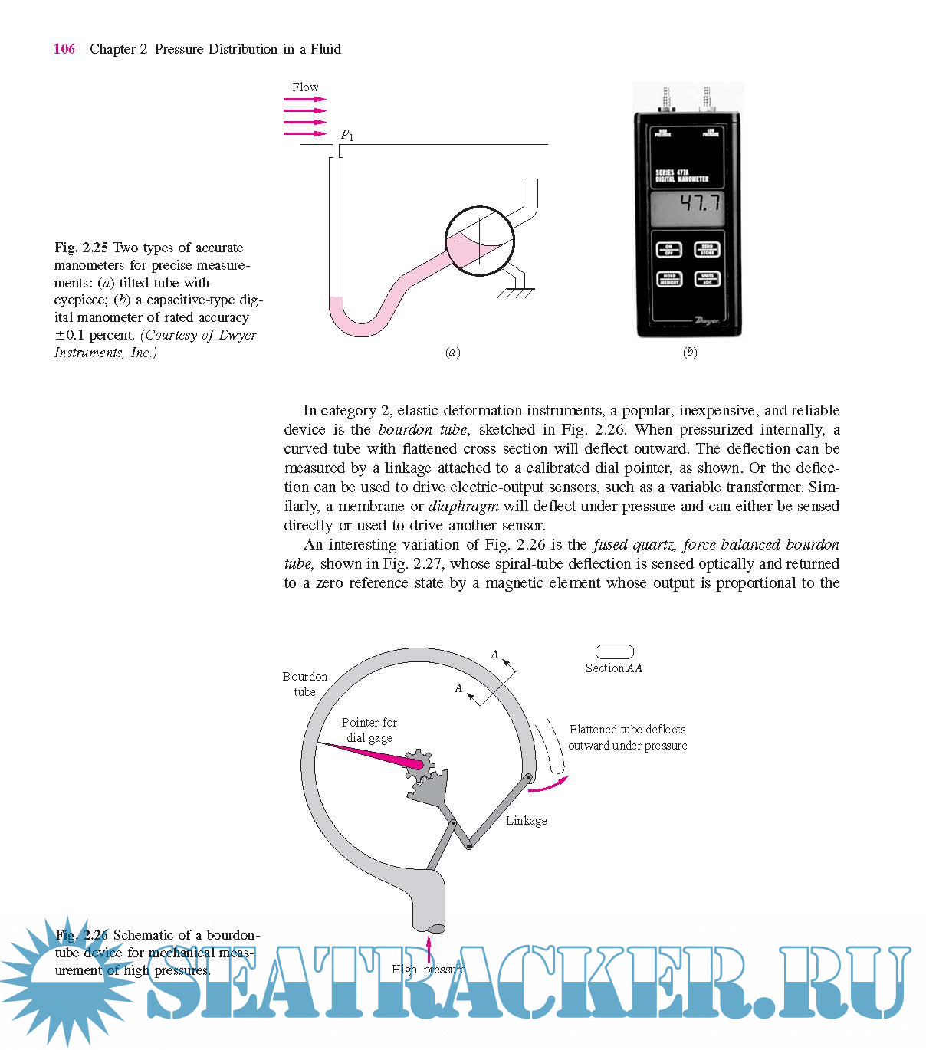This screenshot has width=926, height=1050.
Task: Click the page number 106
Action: coord(64,49)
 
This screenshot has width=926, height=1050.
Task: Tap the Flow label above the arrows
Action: coord(305,87)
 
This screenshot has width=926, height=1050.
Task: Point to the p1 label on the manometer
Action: coord(347,135)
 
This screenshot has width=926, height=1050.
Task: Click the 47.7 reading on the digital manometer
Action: coord(700,203)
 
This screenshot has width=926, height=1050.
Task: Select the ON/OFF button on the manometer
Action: coord(668,251)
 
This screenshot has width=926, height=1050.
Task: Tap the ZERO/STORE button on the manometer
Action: coord(707,250)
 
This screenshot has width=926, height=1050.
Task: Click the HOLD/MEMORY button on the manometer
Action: coord(668,279)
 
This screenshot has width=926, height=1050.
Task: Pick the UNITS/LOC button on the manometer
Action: coord(707,279)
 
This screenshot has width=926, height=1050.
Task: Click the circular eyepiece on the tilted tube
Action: coord(480,240)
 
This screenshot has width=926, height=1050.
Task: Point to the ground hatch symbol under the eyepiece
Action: coord(515,292)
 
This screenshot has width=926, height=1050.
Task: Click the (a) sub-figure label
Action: coord(453,353)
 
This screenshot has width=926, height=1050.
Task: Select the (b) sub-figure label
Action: coord(690,353)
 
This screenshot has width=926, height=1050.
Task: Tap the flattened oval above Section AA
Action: coord(615,652)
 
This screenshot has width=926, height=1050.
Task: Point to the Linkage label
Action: coord(526,821)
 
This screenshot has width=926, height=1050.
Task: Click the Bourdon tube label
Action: coord(304,684)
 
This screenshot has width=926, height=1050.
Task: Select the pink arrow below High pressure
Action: coord(429,945)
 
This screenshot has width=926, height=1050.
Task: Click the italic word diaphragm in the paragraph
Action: coord(463,507)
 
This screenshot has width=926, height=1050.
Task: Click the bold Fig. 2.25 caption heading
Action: coord(80,248)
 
